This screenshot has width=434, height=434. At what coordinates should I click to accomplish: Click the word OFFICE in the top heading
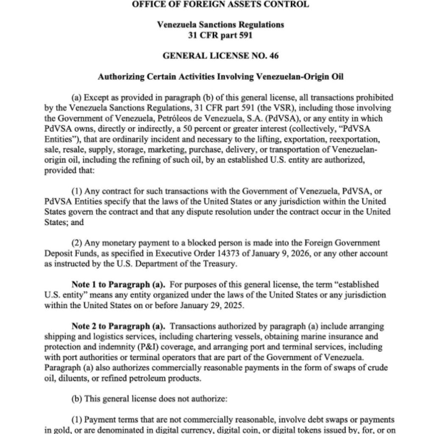(148, 5)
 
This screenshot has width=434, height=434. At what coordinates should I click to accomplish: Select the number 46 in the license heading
(273, 56)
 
